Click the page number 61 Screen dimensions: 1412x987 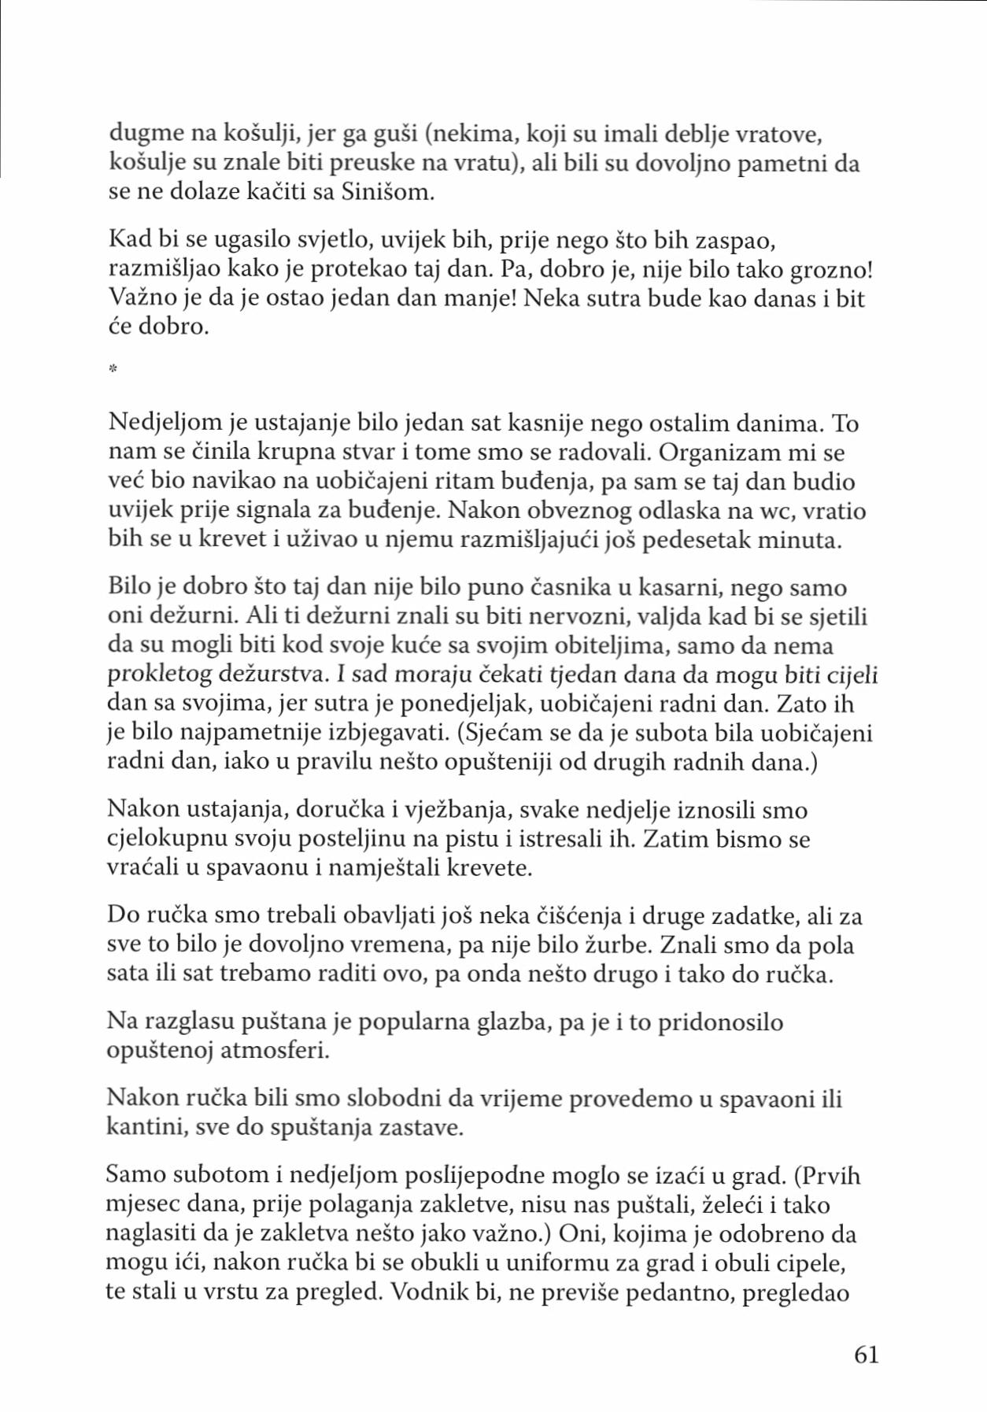click(866, 1355)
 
